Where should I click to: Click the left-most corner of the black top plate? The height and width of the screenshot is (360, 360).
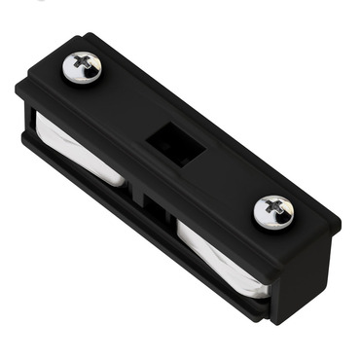point(17,87)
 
